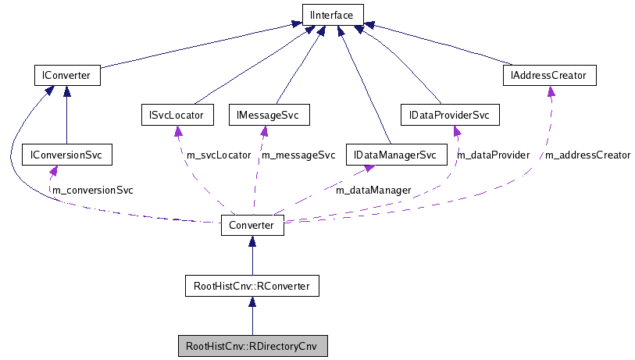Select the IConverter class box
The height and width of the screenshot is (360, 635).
[66, 76]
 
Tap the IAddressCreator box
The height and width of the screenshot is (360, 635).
[550, 76]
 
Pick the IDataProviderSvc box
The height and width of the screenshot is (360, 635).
[448, 116]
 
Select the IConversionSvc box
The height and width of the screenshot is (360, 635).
[66, 155]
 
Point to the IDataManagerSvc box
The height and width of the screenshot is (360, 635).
[395, 155]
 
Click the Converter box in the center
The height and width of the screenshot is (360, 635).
[252, 225]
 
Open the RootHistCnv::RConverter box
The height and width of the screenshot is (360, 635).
[252, 287]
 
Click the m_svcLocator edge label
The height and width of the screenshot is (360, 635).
[219, 155]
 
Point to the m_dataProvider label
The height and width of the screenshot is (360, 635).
[493, 155]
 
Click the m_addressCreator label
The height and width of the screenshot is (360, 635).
[587, 155]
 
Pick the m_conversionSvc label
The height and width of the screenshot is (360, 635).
[92, 190]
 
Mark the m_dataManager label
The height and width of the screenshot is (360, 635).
[373, 190]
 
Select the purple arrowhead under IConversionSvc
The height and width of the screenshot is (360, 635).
[52, 171]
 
